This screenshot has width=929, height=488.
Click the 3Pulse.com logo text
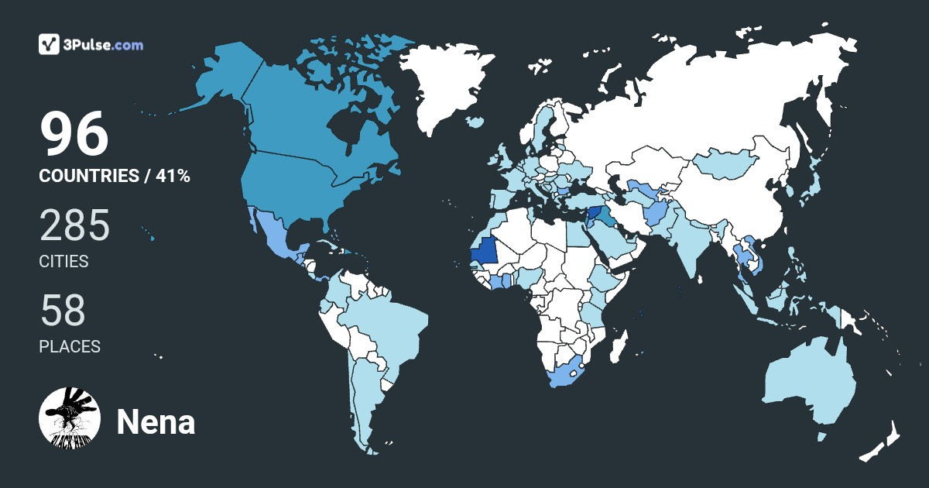click(105, 45)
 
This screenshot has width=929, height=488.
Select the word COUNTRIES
click(88, 176)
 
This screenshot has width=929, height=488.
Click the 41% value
click(173, 176)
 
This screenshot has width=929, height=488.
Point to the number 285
click(75, 227)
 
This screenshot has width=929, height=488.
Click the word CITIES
click(63, 262)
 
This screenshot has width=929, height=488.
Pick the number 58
click(63, 311)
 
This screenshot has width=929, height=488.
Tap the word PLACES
click(70, 346)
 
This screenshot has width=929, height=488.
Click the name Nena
click(156, 422)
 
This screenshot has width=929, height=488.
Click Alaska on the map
click(225, 77)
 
